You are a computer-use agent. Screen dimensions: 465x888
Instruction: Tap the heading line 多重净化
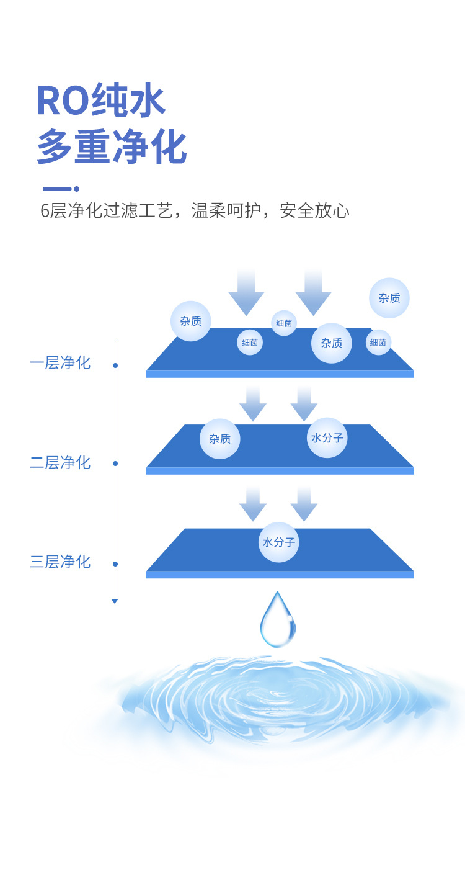click(x=112, y=147)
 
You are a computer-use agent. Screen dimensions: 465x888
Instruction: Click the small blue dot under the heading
click(x=77, y=189)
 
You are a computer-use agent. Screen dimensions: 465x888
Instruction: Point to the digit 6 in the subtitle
click(x=45, y=211)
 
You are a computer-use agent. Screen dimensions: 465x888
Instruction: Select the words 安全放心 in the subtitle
click(x=314, y=211)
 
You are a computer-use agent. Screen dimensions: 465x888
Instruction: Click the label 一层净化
click(x=60, y=363)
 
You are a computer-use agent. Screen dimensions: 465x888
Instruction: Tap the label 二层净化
click(x=60, y=462)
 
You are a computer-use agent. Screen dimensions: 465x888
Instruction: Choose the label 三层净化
click(x=60, y=562)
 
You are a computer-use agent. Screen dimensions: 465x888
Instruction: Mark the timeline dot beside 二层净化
click(x=115, y=464)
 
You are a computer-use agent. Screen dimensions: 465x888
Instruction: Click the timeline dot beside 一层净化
click(x=115, y=366)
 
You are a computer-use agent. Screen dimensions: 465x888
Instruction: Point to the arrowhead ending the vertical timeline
click(x=115, y=601)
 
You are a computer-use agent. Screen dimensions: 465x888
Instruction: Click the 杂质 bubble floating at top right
click(x=389, y=298)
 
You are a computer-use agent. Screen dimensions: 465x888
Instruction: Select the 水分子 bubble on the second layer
click(x=327, y=437)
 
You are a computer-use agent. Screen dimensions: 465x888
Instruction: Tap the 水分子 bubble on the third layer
click(x=279, y=542)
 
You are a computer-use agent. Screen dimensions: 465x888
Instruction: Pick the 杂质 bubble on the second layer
click(x=219, y=439)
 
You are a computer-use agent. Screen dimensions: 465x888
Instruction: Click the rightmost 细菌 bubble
click(x=378, y=342)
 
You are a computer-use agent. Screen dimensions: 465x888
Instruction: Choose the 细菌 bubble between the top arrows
click(x=284, y=323)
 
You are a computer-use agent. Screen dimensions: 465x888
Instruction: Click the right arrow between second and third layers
click(x=304, y=503)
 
